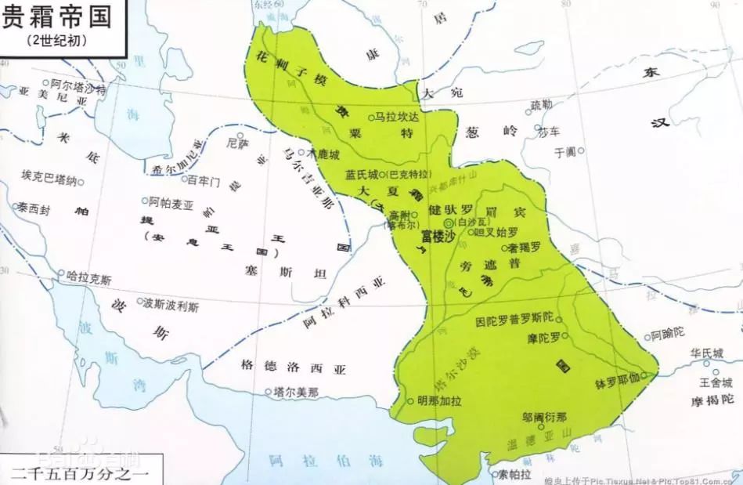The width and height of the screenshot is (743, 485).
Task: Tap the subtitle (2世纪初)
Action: pyautogui.click(x=56, y=39)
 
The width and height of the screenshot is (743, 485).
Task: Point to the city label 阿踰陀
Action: pyautogui.click(x=667, y=335)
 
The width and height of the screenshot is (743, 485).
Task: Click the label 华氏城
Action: pyautogui.click(x=705, y=353)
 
